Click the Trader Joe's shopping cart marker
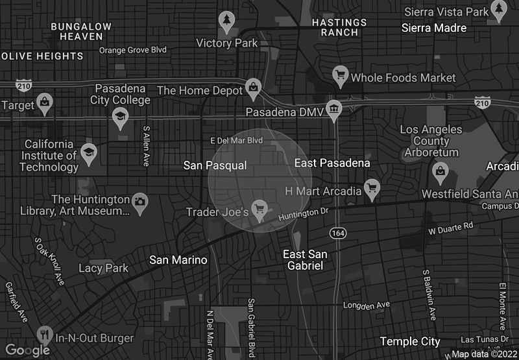coord(260,209)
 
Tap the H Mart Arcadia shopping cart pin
coord(372,188)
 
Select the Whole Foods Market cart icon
coord(340,75)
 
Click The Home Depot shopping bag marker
coord(254,88)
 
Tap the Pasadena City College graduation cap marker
coord(120,117)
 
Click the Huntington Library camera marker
coord(140,201)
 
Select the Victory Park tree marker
coord(226,20)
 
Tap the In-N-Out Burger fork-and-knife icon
coord(45,335)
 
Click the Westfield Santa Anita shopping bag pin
coord(441,171)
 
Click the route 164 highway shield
coord(337,232)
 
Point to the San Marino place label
coord(178,260)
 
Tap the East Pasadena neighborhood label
coord(332,163)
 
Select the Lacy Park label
coord(103,268)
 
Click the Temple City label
coord(410,341)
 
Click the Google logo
coord(27,350)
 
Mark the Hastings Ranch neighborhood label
coord(339,27)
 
